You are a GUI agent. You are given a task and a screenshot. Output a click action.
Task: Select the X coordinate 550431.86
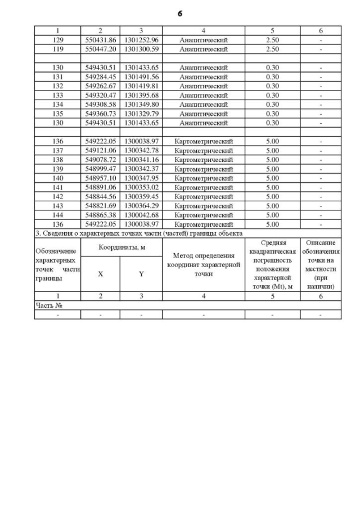[x=100, y=40]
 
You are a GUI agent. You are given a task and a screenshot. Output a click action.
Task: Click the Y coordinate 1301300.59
[x=141, y=49]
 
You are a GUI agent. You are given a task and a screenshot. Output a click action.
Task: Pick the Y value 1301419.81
[x=141, y=85]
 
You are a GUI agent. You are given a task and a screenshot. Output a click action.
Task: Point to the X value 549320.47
[x=100, y=95]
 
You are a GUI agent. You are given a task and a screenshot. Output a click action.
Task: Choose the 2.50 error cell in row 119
[x=272, y=49]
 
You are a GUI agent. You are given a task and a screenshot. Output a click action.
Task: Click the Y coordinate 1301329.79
[x=141, y=113]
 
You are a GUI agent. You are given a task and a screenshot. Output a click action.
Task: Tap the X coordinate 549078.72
[x=100, y=159]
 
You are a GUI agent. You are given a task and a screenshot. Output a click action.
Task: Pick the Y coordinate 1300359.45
[x=141, y=196]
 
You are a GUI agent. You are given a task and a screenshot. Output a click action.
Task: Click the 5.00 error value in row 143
[x=272, y=205]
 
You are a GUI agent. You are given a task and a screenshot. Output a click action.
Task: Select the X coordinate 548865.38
[x=100, y=215]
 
